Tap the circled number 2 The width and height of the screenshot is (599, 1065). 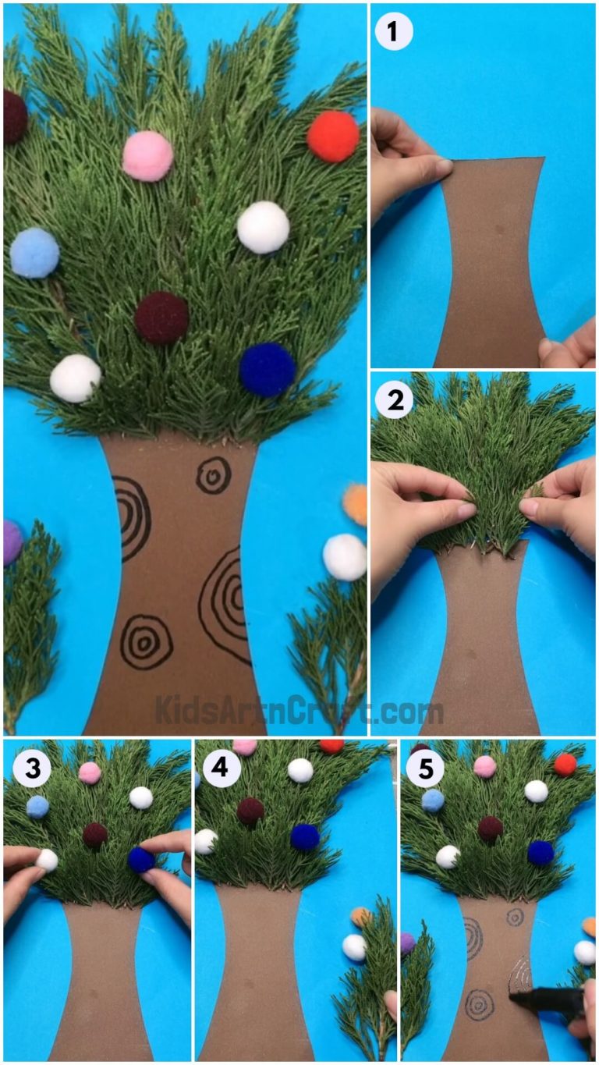pos(394,401)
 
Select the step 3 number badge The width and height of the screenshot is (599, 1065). pos(32,769)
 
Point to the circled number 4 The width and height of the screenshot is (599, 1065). pos(222,769)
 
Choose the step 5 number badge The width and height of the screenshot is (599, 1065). pos(425,769)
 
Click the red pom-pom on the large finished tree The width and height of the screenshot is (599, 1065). pos(333,136)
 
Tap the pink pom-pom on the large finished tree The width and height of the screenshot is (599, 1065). pos(147,155)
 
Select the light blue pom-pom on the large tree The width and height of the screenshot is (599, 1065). pos(34,252)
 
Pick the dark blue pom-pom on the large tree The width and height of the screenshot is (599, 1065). pos(267,369)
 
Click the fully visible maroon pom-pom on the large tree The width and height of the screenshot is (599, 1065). pos(161,318)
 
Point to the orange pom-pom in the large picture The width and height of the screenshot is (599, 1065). pos(356,504)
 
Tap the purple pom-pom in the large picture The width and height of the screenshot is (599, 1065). pos(11,542)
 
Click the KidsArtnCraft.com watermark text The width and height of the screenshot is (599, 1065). pos(299,711)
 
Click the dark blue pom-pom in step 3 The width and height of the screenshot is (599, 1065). pos(141,859)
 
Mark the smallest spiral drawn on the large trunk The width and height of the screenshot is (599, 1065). pos(212,474)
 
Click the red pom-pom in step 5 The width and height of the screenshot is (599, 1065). pos(565,764)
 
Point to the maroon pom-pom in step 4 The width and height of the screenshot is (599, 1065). pos(250,811)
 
